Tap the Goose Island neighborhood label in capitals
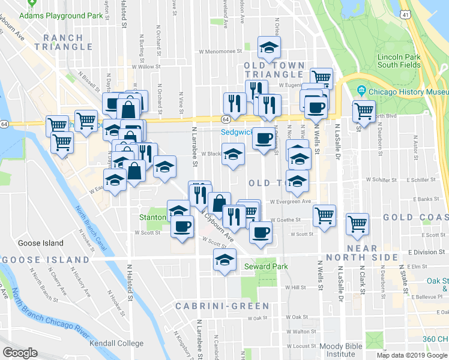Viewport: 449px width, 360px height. click(x=46, y=259)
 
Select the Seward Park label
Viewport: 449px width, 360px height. click(x=266, y=266)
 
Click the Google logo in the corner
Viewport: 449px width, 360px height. click(x=20, y=353)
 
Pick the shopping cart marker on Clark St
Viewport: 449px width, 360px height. click(x=357, y=224)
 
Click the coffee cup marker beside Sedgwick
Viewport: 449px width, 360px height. click(x=262, y=139)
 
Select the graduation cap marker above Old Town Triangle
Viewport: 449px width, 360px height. click(x=269, y=47)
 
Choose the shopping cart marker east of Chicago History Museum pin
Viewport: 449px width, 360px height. click(x=364, y=111)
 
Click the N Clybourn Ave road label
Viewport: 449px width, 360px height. click(x=219, y=227)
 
